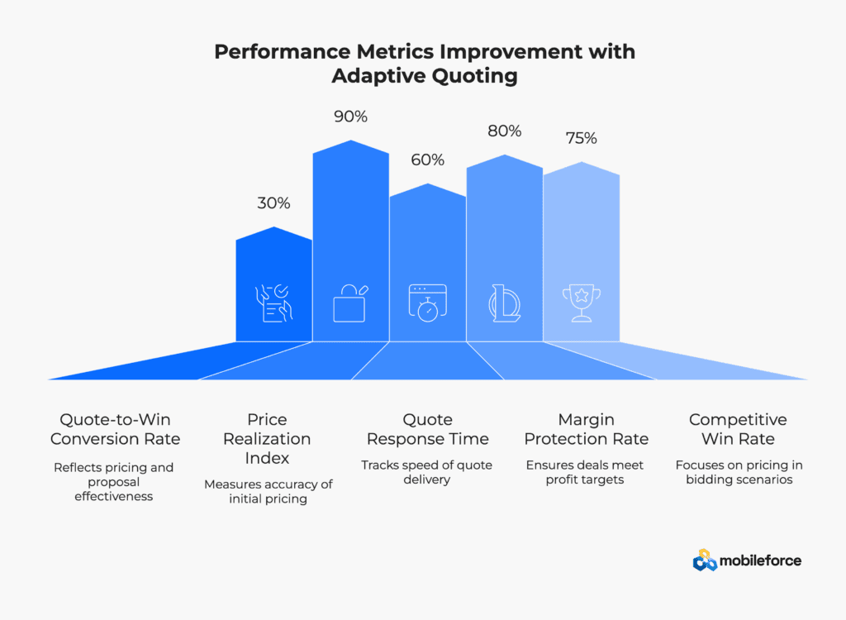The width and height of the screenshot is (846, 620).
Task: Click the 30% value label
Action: click(273, 203)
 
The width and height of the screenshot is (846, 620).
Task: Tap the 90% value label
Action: click(350, 117)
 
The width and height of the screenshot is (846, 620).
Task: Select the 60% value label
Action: click(427, 160)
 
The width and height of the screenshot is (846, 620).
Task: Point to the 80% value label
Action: click(505, 131)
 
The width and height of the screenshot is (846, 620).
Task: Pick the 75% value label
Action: click(581, 138)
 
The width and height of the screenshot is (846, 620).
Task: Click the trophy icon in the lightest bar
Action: click(582, 303)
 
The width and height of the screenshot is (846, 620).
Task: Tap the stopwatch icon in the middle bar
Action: click(427, 303)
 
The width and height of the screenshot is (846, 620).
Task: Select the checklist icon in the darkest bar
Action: click(273, 303)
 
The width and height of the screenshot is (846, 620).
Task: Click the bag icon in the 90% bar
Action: click(350, 303)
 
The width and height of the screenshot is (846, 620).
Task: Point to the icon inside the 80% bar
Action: click(505, 303)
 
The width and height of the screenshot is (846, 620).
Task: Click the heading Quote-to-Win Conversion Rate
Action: click(115, 429)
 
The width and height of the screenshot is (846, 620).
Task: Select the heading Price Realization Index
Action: click(267, 438)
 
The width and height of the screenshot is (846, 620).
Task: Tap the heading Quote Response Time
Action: click(427, 429)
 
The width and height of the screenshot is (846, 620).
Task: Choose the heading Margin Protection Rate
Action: click(586, 429)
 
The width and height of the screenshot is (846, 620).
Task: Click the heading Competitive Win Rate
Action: click(738, 429)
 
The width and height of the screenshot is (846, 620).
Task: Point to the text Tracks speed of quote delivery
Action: click(427, 472)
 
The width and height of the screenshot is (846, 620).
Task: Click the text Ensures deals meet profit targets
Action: click(585, 472)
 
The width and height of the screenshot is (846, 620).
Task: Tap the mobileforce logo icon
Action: click(704, 560)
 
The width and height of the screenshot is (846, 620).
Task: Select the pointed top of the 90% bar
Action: click(350, 141)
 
